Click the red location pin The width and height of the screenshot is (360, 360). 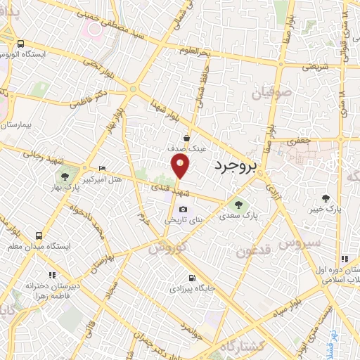[181, 166]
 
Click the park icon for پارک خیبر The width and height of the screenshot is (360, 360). [325, 198]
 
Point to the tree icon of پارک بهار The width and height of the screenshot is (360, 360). [65, 176]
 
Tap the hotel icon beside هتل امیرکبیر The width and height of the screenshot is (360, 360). [103, 168]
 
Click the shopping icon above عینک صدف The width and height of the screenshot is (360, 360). [186, 138]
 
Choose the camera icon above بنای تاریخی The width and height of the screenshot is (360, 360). [184, 209]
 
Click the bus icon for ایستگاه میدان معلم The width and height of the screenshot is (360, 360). [39, 235]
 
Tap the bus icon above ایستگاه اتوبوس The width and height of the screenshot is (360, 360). [21, 43]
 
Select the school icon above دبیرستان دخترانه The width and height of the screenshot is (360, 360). [50, 274]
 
